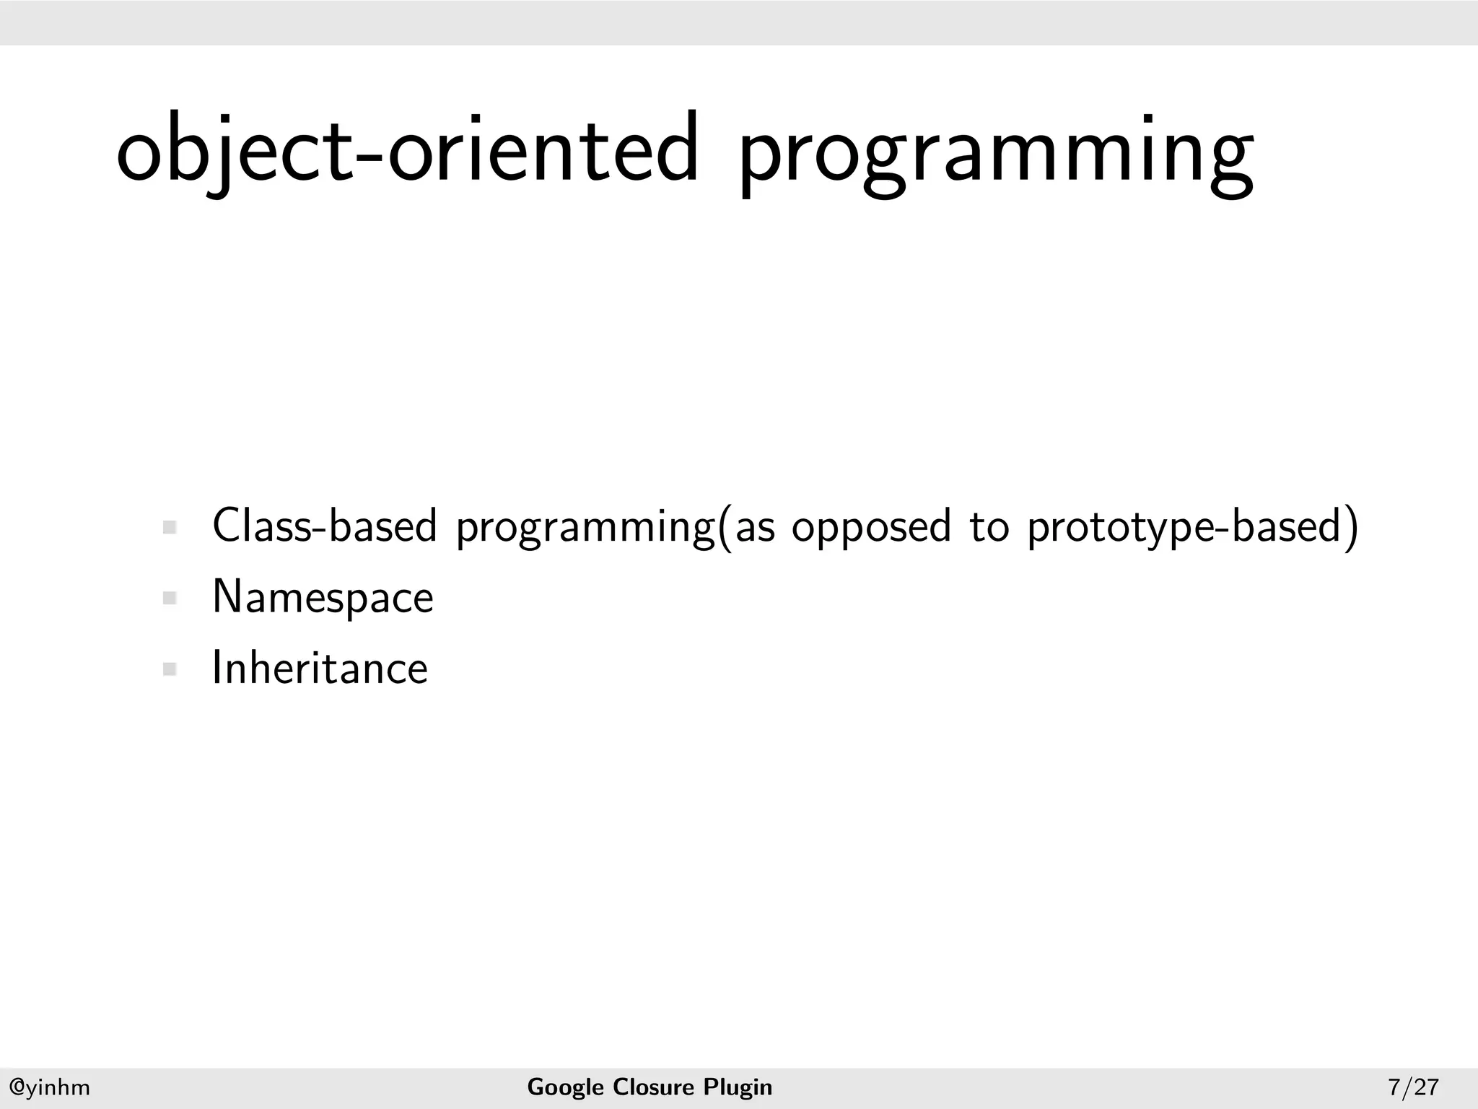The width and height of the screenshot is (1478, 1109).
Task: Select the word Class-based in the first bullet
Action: (x=325, y=526)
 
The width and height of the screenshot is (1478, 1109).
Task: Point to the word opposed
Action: (x=872, y=527)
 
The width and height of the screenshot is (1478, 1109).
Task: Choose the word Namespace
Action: (x=323, y=598)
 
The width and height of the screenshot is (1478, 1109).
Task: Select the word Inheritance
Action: (x=320, y=668)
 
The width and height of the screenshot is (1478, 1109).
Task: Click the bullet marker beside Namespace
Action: (x=170, y=598)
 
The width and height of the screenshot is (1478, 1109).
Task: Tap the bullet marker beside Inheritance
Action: (x=170, y=669)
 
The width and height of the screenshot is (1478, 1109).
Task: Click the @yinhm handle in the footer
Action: (x=49, y=1087)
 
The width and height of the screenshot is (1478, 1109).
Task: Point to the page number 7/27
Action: (x=1413, y=1087)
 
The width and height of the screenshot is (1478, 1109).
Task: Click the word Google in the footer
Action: (x=565, y=1087)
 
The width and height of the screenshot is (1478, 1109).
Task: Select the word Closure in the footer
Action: (x=653, y=1087)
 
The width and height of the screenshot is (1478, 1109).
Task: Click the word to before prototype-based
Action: (x=989, y=527)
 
